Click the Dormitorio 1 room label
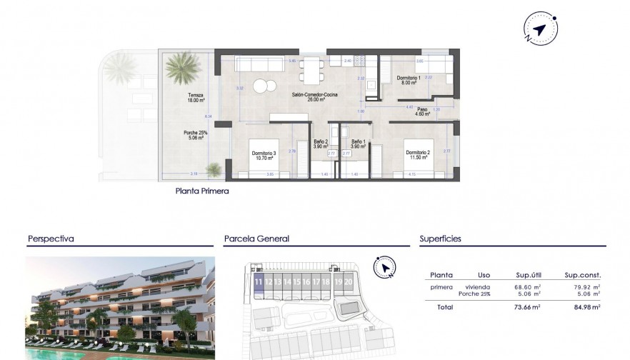pos(409,80)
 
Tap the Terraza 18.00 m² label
pos(196,98)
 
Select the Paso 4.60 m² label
pos(422,111)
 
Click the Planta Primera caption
pos(202,191)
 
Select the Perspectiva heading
pos(51,239)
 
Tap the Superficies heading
pos(441,239)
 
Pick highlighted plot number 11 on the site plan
pos(258,282)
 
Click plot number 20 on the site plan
pos(348,282)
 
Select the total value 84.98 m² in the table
pos(581,307)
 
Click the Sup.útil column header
pos(529,275)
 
